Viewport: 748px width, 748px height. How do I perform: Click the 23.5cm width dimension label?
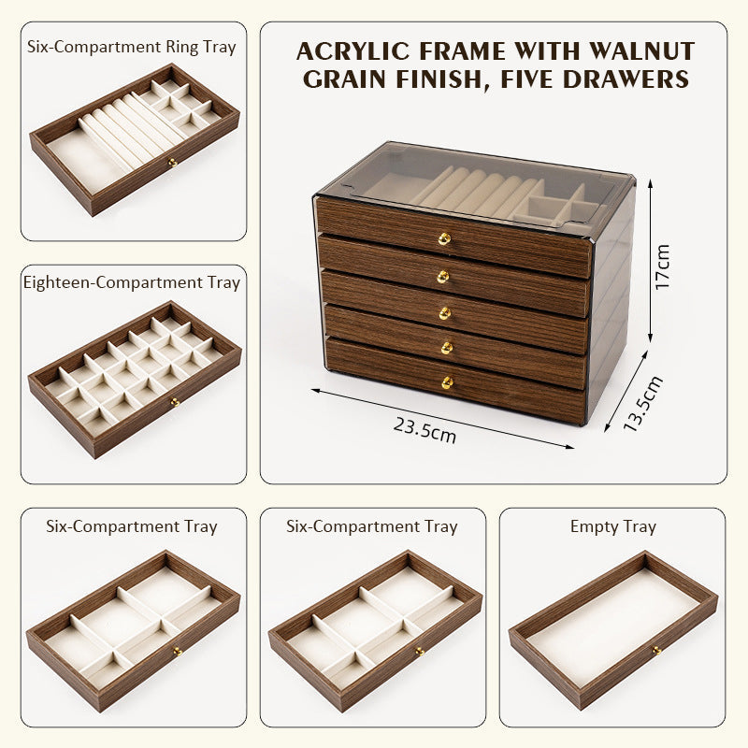[424, 430]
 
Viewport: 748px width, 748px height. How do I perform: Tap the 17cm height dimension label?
[663, 267]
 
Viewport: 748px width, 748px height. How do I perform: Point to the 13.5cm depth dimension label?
[642, 403]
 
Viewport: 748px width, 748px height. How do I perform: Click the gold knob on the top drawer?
[444, 239]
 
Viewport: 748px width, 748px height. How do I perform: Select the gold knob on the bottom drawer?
[447, 382]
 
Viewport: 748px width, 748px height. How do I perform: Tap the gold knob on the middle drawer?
[444, 311]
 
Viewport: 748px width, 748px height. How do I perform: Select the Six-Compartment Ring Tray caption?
[132, 46]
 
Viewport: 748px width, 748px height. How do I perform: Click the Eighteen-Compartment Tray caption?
[132, 281]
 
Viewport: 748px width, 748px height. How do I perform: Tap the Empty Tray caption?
[612, 526]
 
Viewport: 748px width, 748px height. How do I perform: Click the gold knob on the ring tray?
[172, 163]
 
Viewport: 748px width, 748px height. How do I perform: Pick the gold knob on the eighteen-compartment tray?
[174, 403]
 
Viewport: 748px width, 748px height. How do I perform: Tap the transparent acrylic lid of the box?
[467, 182]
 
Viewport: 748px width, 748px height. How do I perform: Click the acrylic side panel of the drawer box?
[612, 299]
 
